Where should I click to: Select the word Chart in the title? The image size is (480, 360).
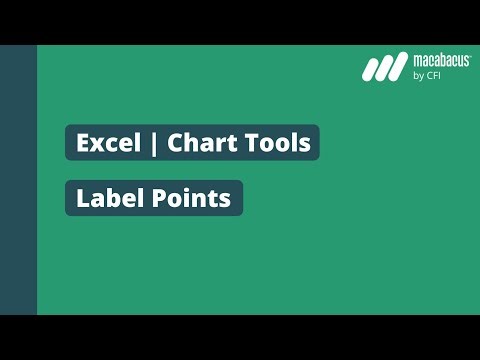197,144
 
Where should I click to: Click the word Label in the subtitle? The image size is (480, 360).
106,198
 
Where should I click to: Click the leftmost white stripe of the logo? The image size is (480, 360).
372,69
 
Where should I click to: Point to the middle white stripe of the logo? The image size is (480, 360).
386,69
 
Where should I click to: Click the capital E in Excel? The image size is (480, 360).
83,144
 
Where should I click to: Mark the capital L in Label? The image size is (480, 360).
83,198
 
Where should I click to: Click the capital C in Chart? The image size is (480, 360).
175,144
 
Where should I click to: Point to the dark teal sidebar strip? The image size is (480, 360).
18,180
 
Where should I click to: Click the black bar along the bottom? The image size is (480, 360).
240,337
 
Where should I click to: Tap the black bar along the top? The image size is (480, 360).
240,22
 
